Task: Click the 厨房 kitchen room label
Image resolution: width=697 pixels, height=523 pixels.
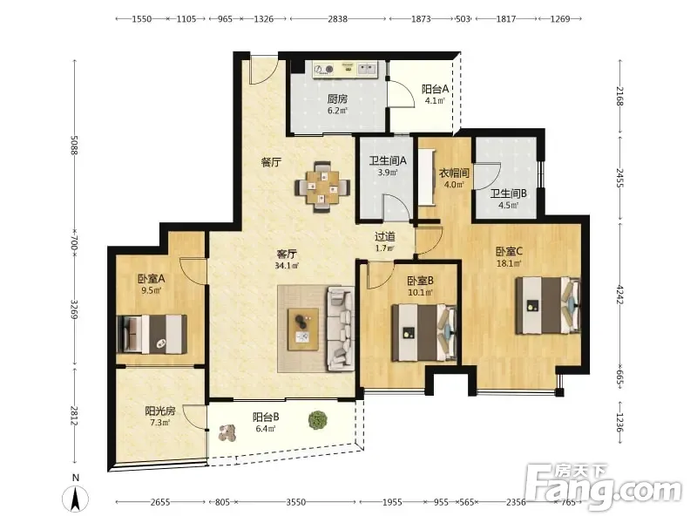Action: (x=337, y=98)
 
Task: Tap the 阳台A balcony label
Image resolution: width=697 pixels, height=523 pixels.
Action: (x=435, y=89)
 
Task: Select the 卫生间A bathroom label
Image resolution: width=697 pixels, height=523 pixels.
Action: (x=388, y=160)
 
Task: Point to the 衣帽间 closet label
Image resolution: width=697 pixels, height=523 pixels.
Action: (x=454, y=173)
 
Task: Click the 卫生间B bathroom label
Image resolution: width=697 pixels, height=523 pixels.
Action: (x=509, y=194)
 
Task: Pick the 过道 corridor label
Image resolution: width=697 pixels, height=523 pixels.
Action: (x=384, y=237)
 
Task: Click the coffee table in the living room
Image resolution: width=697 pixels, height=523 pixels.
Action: (x=303, y=329)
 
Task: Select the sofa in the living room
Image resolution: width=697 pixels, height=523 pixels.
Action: (x=341, y=329)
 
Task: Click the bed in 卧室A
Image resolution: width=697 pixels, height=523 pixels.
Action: (x=152, y=334)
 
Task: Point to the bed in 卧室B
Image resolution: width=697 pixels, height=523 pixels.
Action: (x=424, y=332)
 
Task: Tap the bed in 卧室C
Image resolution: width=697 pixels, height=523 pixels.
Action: (x=548, y=305)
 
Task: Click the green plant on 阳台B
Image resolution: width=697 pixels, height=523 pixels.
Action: (x=317, y=420)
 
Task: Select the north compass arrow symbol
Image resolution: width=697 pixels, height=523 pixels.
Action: (x=76, y=498)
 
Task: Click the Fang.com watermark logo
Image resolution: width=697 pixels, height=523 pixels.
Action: (x=603, y=488)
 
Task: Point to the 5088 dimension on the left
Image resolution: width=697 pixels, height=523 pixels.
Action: (x=74, y=145)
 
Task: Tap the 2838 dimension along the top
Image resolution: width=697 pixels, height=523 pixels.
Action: (x=338, y=19)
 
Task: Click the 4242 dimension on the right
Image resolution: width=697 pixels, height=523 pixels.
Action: (x=620, y=295)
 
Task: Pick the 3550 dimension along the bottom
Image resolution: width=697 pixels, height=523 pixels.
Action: (x=295, y=502)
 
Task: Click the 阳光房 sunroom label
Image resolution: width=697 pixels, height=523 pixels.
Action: (x=160, y=411)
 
